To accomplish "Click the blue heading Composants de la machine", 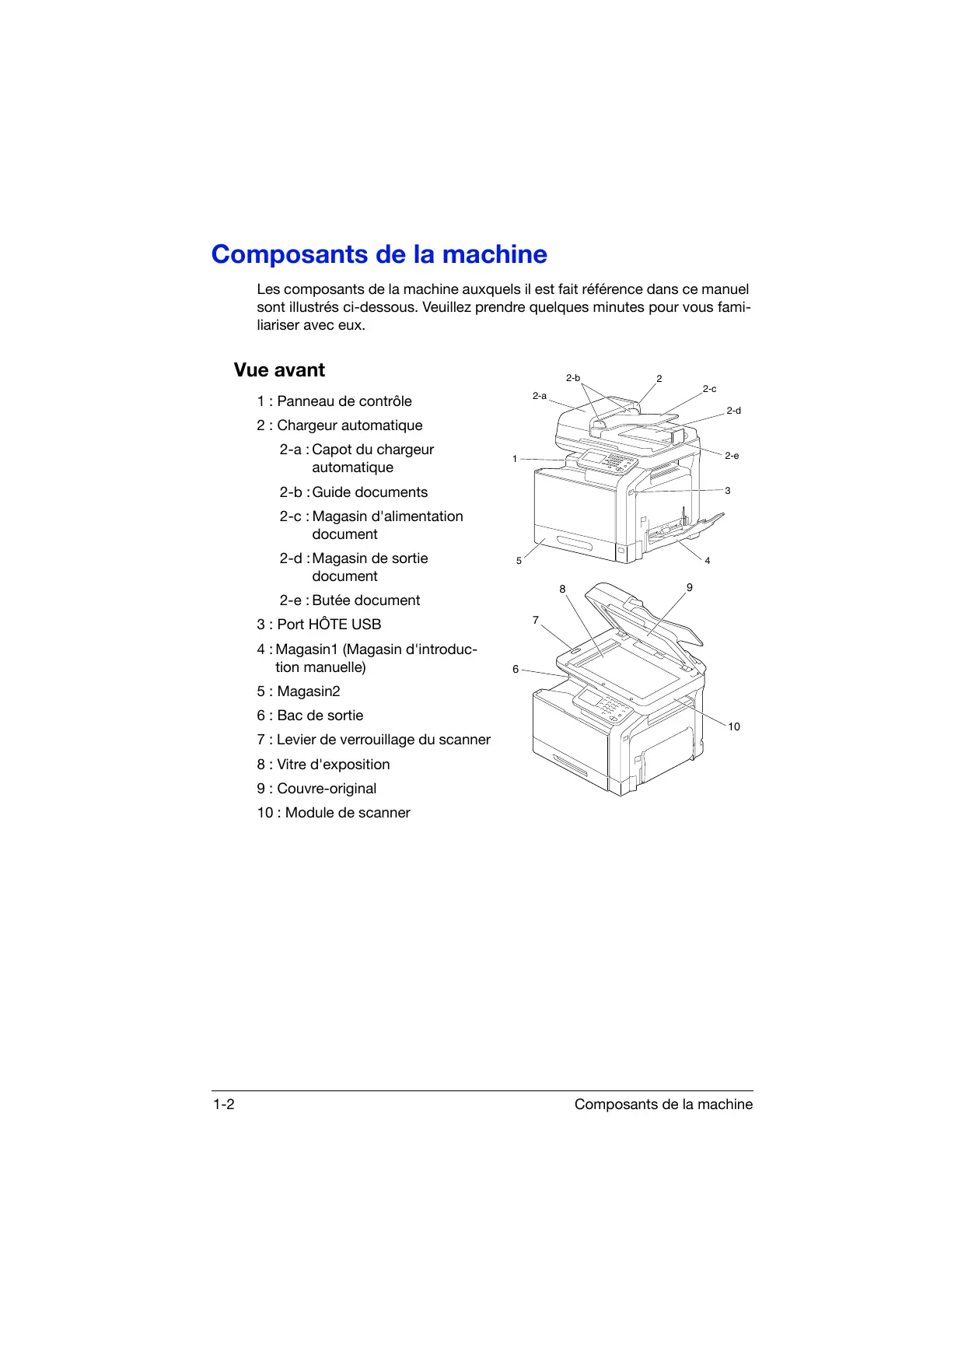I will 379,254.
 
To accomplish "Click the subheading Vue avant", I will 279,370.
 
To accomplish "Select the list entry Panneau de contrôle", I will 334,401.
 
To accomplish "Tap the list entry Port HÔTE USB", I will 319,625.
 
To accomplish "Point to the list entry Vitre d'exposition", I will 323,765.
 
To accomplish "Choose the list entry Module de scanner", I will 334,813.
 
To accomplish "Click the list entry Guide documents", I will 354,492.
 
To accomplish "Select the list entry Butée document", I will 350,600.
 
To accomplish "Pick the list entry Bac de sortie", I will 310,716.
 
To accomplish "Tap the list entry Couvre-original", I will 316,789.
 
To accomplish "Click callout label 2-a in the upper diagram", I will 539,396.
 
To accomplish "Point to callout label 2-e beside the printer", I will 732,456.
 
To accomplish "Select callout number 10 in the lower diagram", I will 734,726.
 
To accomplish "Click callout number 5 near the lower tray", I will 519,561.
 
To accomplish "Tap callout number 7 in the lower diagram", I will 535,620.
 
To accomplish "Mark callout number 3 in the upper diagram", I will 728,491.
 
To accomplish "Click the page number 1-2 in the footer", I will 224,1104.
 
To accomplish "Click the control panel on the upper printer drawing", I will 607,460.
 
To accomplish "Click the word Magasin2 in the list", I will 309,691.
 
